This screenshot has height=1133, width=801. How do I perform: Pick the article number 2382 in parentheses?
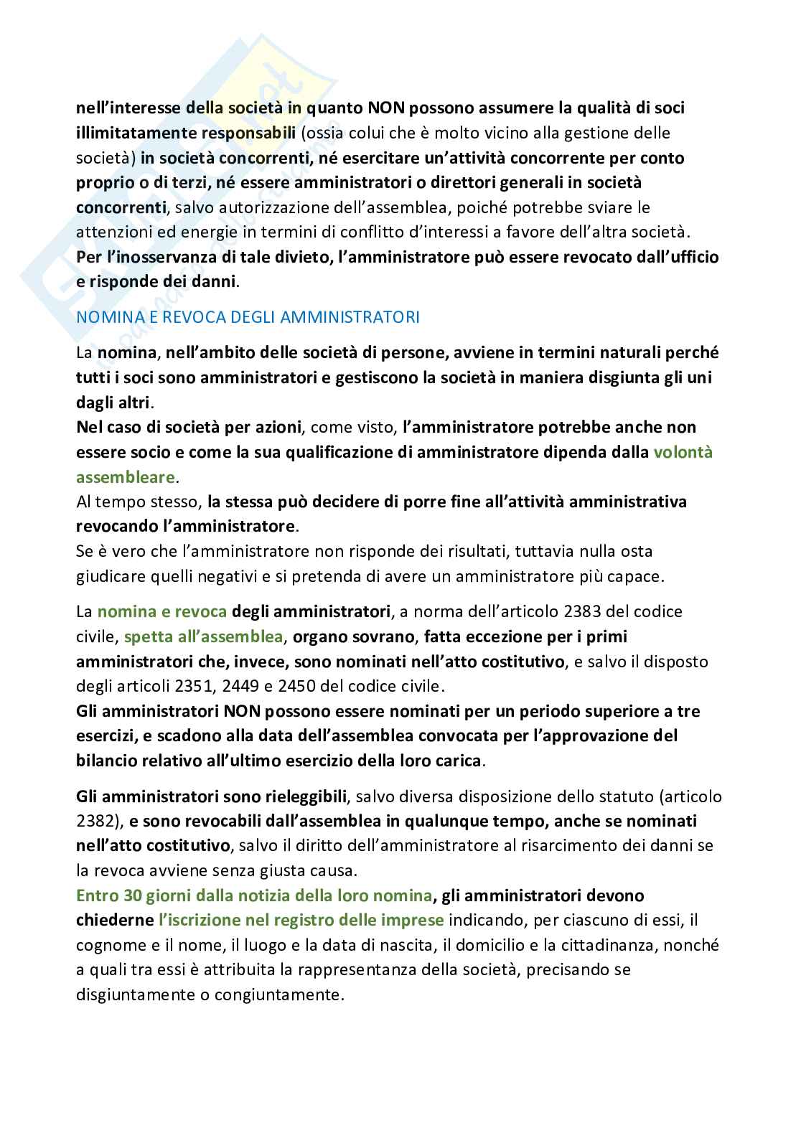coord(95,821)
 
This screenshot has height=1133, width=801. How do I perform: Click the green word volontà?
coord(683,453)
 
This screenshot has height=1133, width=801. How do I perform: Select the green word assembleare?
coord(126,477)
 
